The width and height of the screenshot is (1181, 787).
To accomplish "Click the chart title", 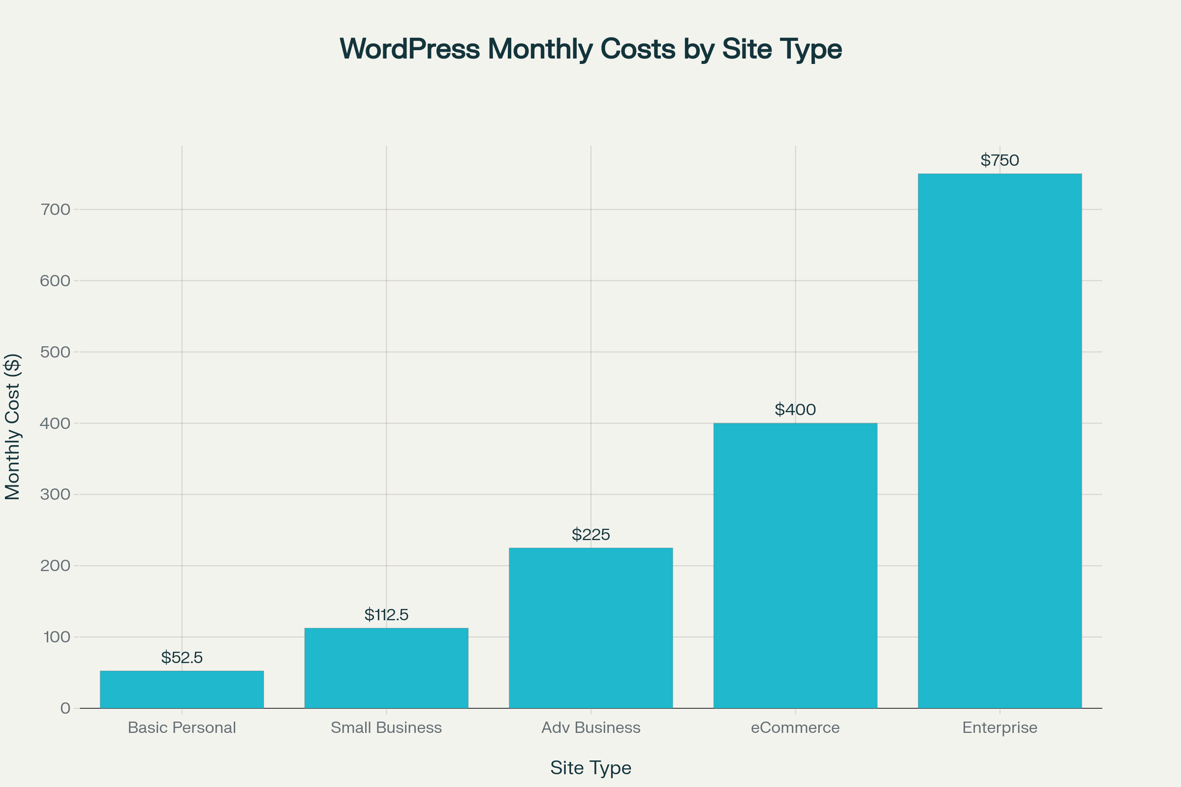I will click(590, 49).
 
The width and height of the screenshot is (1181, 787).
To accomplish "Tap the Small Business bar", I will click(386, 668).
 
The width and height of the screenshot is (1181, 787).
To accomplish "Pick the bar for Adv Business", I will click(590, 628).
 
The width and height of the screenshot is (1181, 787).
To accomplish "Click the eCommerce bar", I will click(795, 566).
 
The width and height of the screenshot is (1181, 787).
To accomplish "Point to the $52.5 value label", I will click(182, 658).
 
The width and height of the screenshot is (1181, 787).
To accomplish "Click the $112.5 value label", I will click(386, 615).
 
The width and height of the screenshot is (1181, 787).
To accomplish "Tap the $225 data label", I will click(590, 535).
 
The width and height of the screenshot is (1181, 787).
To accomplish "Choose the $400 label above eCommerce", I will click(795, 410).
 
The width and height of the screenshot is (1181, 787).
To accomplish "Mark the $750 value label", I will click(999, 160).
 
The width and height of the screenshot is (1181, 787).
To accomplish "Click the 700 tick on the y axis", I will click(55, 210).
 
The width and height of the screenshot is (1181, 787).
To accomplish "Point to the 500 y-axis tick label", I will click(55, 352).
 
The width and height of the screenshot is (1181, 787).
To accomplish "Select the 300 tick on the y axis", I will click(55, 494).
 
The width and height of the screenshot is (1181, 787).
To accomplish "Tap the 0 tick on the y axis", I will click(65, 708).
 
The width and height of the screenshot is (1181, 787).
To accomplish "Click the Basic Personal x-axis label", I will click(182, 728).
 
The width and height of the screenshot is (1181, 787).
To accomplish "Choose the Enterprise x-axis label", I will click(999, 728).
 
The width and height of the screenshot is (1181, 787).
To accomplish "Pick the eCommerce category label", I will click(795, 728).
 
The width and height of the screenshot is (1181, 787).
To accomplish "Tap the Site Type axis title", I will click(590, 768).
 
